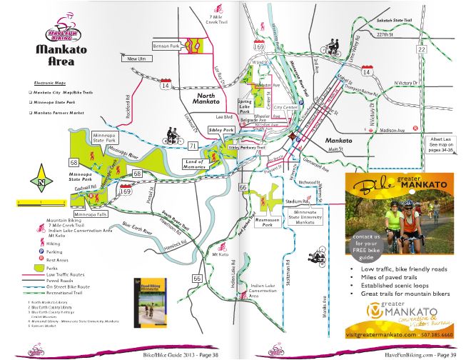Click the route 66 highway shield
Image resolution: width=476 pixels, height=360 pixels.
point(244,188)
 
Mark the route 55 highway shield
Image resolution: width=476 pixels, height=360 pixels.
point(197,278)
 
